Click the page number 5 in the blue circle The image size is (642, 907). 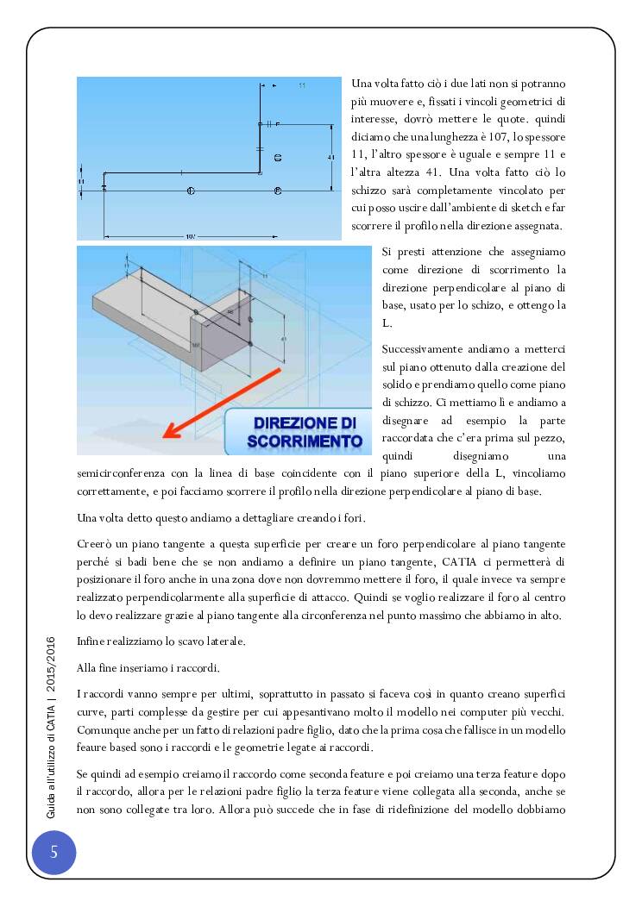pos(53,853)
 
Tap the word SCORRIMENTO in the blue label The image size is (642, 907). pos(305,441)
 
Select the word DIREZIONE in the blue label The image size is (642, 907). pos(305,423)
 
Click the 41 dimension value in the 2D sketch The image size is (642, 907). pos(332,157)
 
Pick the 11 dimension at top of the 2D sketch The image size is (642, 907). pos(302,86)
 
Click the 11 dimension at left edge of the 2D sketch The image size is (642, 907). pos(80,182)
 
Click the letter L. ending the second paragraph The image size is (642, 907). pos(387,323)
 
